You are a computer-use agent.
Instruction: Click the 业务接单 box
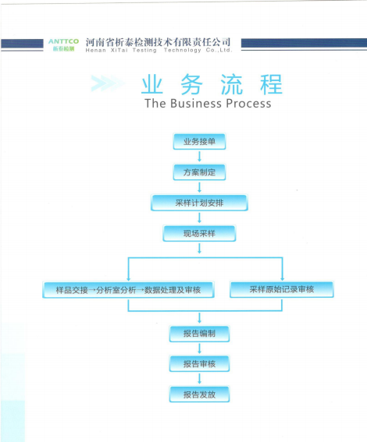tap(199, 141)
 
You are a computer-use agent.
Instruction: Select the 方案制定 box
tap(199, 172)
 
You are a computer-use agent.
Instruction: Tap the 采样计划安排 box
tap(199, 203)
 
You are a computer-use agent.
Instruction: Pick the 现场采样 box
tap(199, 233)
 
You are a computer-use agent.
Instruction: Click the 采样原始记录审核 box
tap(282, 289)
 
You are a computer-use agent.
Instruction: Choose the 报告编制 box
tap(199, 334)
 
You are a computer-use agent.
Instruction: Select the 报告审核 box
tap(199, 364)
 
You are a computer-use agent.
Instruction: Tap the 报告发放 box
tap(199, 394)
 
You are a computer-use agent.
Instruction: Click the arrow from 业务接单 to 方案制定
tap(199, 157)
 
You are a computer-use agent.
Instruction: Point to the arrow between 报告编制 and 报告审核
tap(199, 348)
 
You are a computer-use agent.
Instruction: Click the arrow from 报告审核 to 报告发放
tap(199, 379)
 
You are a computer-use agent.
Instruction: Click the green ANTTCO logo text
tap(63, 41)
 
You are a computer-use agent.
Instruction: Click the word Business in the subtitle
tap(196, 104)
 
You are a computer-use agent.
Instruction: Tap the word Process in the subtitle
tap(248, 104)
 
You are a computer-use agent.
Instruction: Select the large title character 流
tap(231, 84)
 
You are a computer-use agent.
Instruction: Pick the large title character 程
tap(271, 84)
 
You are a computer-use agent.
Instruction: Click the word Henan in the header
tap(96, 51)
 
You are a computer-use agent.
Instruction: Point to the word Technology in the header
tap(183, 51)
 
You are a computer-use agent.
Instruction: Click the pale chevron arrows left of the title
tap(108, 83)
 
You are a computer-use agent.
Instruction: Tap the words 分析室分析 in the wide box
tap(116, 290)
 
